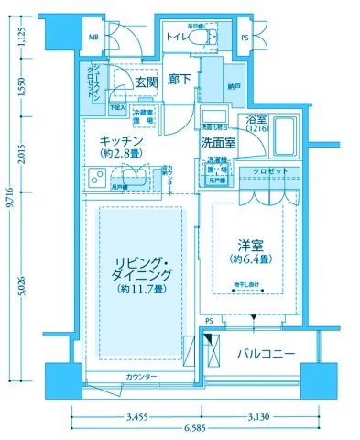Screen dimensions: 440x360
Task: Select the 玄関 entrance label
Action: click(146, 82)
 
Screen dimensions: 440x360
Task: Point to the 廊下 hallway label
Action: click(180, 81)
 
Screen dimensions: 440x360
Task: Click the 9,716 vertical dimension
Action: click(9, 220)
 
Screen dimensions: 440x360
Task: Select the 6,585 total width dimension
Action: click(192, 428)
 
